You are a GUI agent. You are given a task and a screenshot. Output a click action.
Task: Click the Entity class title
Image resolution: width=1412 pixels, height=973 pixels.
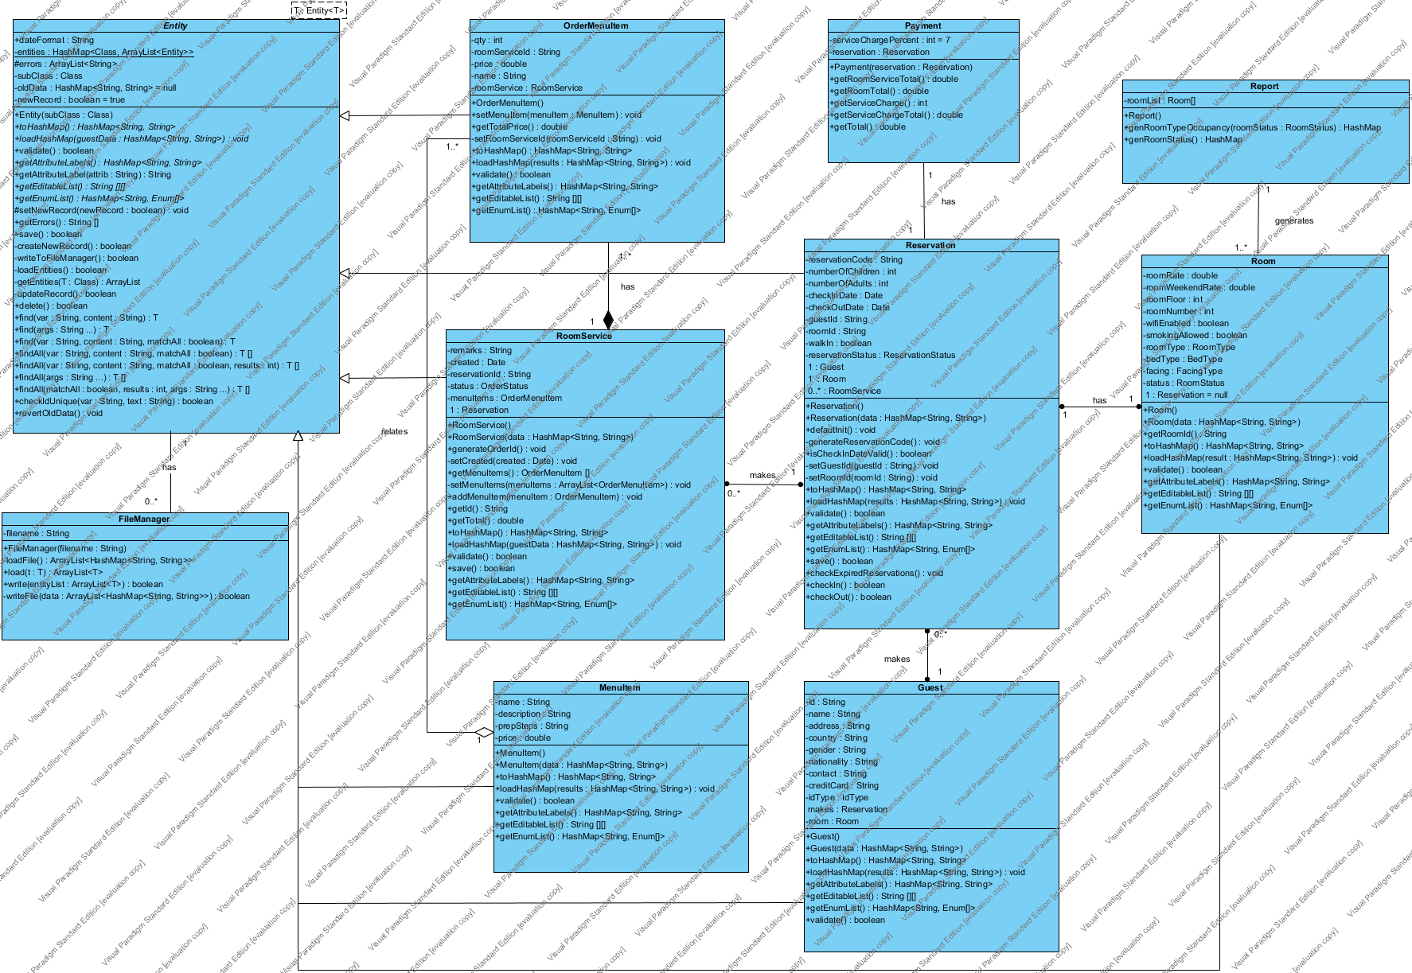coord(175,25)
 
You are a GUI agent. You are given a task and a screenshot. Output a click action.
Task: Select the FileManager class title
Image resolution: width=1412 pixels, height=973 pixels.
coord(144,519)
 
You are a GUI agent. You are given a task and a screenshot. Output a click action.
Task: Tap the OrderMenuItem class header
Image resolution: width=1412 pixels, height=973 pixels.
coord(596,25)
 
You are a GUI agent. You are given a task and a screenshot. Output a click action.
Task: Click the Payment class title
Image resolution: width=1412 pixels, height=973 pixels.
coord(923,25)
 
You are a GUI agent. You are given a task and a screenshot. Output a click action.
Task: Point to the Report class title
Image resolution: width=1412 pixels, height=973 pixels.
coord(1264,86)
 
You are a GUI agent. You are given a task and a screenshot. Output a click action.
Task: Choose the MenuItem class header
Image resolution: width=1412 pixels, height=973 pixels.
coord(620,687)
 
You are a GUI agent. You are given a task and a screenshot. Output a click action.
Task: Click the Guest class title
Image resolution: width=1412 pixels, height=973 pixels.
coord(930,687)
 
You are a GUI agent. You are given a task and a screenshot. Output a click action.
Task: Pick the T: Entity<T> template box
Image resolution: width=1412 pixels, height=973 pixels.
coord(319,10)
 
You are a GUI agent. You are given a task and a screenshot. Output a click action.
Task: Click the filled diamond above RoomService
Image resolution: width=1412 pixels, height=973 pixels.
coord(608,320)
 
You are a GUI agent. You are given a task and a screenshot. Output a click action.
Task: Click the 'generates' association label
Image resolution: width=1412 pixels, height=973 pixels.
coord(1294,220)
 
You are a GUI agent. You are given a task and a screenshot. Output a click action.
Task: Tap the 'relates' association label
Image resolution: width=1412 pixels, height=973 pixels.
coord(394,431)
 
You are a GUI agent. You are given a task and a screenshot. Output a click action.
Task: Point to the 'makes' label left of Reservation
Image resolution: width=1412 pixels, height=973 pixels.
coord(763,475)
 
